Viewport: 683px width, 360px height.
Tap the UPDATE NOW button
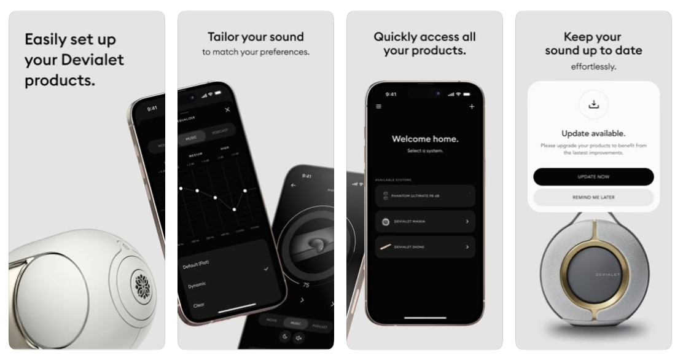pos(593,176)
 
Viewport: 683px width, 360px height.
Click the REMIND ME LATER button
pos(593,197)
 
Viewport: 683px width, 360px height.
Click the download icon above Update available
pos(593,104)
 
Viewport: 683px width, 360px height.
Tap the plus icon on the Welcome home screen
pos(472,107)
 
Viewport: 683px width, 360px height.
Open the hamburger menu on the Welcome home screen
pos(378,107)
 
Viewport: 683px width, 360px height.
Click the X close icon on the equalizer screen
pos(227,109)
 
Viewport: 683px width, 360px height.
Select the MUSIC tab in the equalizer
pos(192,138)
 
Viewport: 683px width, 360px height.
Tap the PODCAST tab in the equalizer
pos(220,131)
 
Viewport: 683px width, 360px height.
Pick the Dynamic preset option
pos(197,284)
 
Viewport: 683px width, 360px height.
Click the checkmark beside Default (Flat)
pos(266,269)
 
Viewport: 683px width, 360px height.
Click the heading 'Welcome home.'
pos(425,139)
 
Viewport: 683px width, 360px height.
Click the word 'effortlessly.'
pos(593,66)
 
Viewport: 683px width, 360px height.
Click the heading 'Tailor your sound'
pos(256,37)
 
